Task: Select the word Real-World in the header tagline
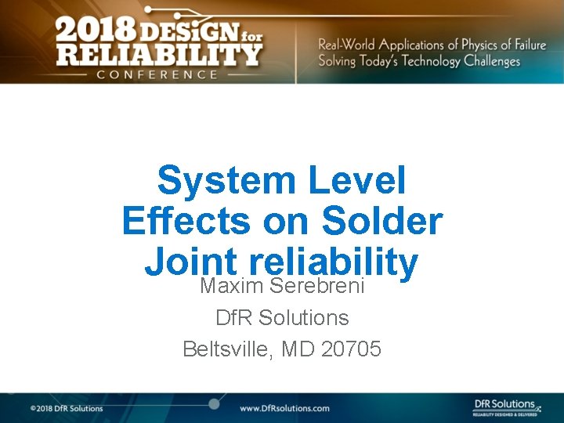coord(346,45)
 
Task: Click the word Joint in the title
coord(190,262)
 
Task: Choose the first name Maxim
coord(232,286)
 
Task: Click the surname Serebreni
coord(317,286)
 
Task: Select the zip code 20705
coord(351,349)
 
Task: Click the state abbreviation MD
coord(297,349)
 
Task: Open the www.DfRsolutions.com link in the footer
coord(284,408)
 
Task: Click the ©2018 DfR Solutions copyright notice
coord(67,408)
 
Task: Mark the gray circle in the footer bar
coord(213,403)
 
